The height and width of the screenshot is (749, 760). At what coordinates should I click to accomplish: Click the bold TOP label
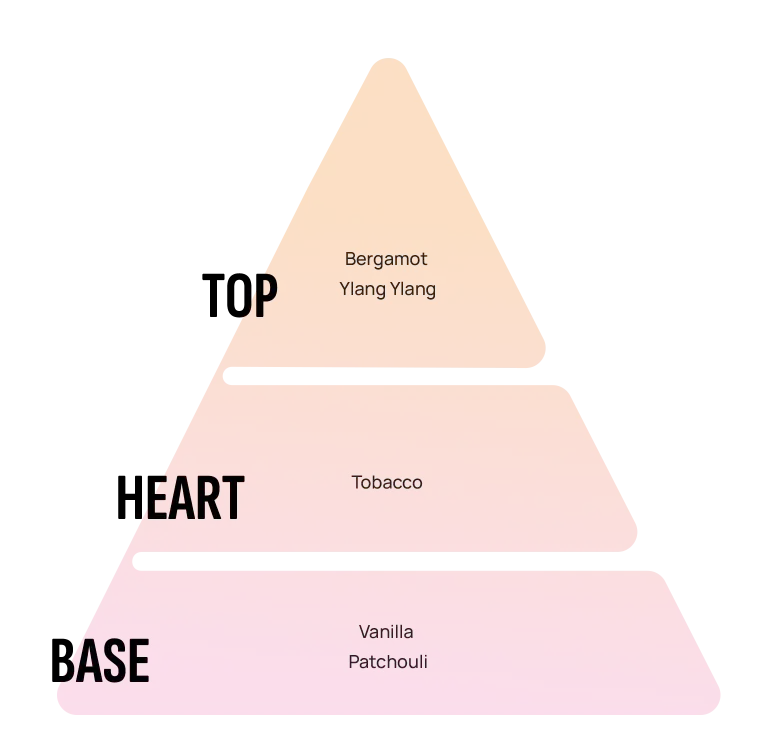coord(239,295)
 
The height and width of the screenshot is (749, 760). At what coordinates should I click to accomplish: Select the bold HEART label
coord(180,497)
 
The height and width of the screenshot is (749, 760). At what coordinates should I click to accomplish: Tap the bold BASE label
coord(100,660)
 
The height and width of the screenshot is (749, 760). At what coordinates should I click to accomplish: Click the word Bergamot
coord(386,259)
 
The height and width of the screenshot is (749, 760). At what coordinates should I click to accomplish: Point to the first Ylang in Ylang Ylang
coord(363,289)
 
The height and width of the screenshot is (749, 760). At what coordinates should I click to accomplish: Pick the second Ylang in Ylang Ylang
coord(412,289)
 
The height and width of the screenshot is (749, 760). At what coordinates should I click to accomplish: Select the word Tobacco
coord(387,482)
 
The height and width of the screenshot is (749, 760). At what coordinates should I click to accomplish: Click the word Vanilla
coord(386,632)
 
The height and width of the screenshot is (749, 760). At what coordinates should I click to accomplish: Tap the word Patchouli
coord(388,662)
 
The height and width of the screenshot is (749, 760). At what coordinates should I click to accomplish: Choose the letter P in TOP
coord(266,295)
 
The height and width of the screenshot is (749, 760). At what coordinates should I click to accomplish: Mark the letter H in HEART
coord(128,497)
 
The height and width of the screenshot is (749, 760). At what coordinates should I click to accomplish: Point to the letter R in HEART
coord(209,497)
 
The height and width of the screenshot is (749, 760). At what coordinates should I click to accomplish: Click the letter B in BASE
coord(62,660)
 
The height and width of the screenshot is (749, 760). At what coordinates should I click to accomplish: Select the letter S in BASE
coord(115,660)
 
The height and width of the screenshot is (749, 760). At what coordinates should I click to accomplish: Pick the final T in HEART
coord(234,497)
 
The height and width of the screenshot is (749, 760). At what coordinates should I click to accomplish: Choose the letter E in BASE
coord(139,660)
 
